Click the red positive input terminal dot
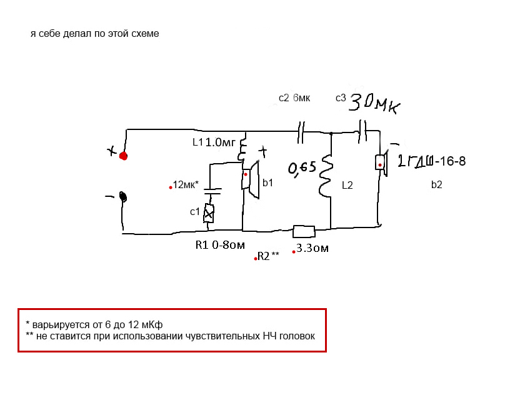click(124, 156)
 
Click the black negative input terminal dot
click(124, 197)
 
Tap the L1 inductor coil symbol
click(243, 151)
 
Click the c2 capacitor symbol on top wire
click(301, 132)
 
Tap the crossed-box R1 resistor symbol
click(209, 213)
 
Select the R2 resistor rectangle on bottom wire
click(304, 232)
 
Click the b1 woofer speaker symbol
click(249, 181)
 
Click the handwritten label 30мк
click(374, 102)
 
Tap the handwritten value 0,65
click(302, 167)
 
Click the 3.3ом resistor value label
click(312, 248)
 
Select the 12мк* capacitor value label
click(186, 184)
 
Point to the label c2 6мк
click(294, 98)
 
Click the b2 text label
click(436, 184)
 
